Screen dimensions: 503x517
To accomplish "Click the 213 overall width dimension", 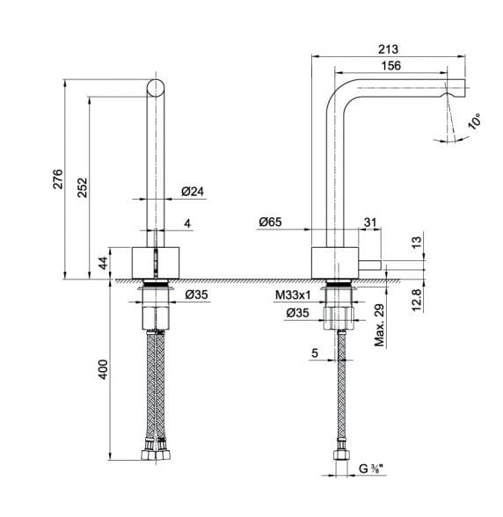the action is coord(388,49).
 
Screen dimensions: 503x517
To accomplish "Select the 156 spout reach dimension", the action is coord(391,66).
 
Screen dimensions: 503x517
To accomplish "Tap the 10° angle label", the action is coord(474,121).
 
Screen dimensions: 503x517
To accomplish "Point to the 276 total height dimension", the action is coord(58,178).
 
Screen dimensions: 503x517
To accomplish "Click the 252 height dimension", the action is coord(82,187).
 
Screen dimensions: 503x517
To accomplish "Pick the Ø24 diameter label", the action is coord(193,192).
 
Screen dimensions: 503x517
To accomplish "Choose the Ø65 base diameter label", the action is coord(271,222).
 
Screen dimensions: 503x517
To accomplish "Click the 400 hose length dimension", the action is coord(103,369).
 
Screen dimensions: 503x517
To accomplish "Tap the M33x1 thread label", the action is coord(293,295).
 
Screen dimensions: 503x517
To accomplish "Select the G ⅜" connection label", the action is coord(372,469).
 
